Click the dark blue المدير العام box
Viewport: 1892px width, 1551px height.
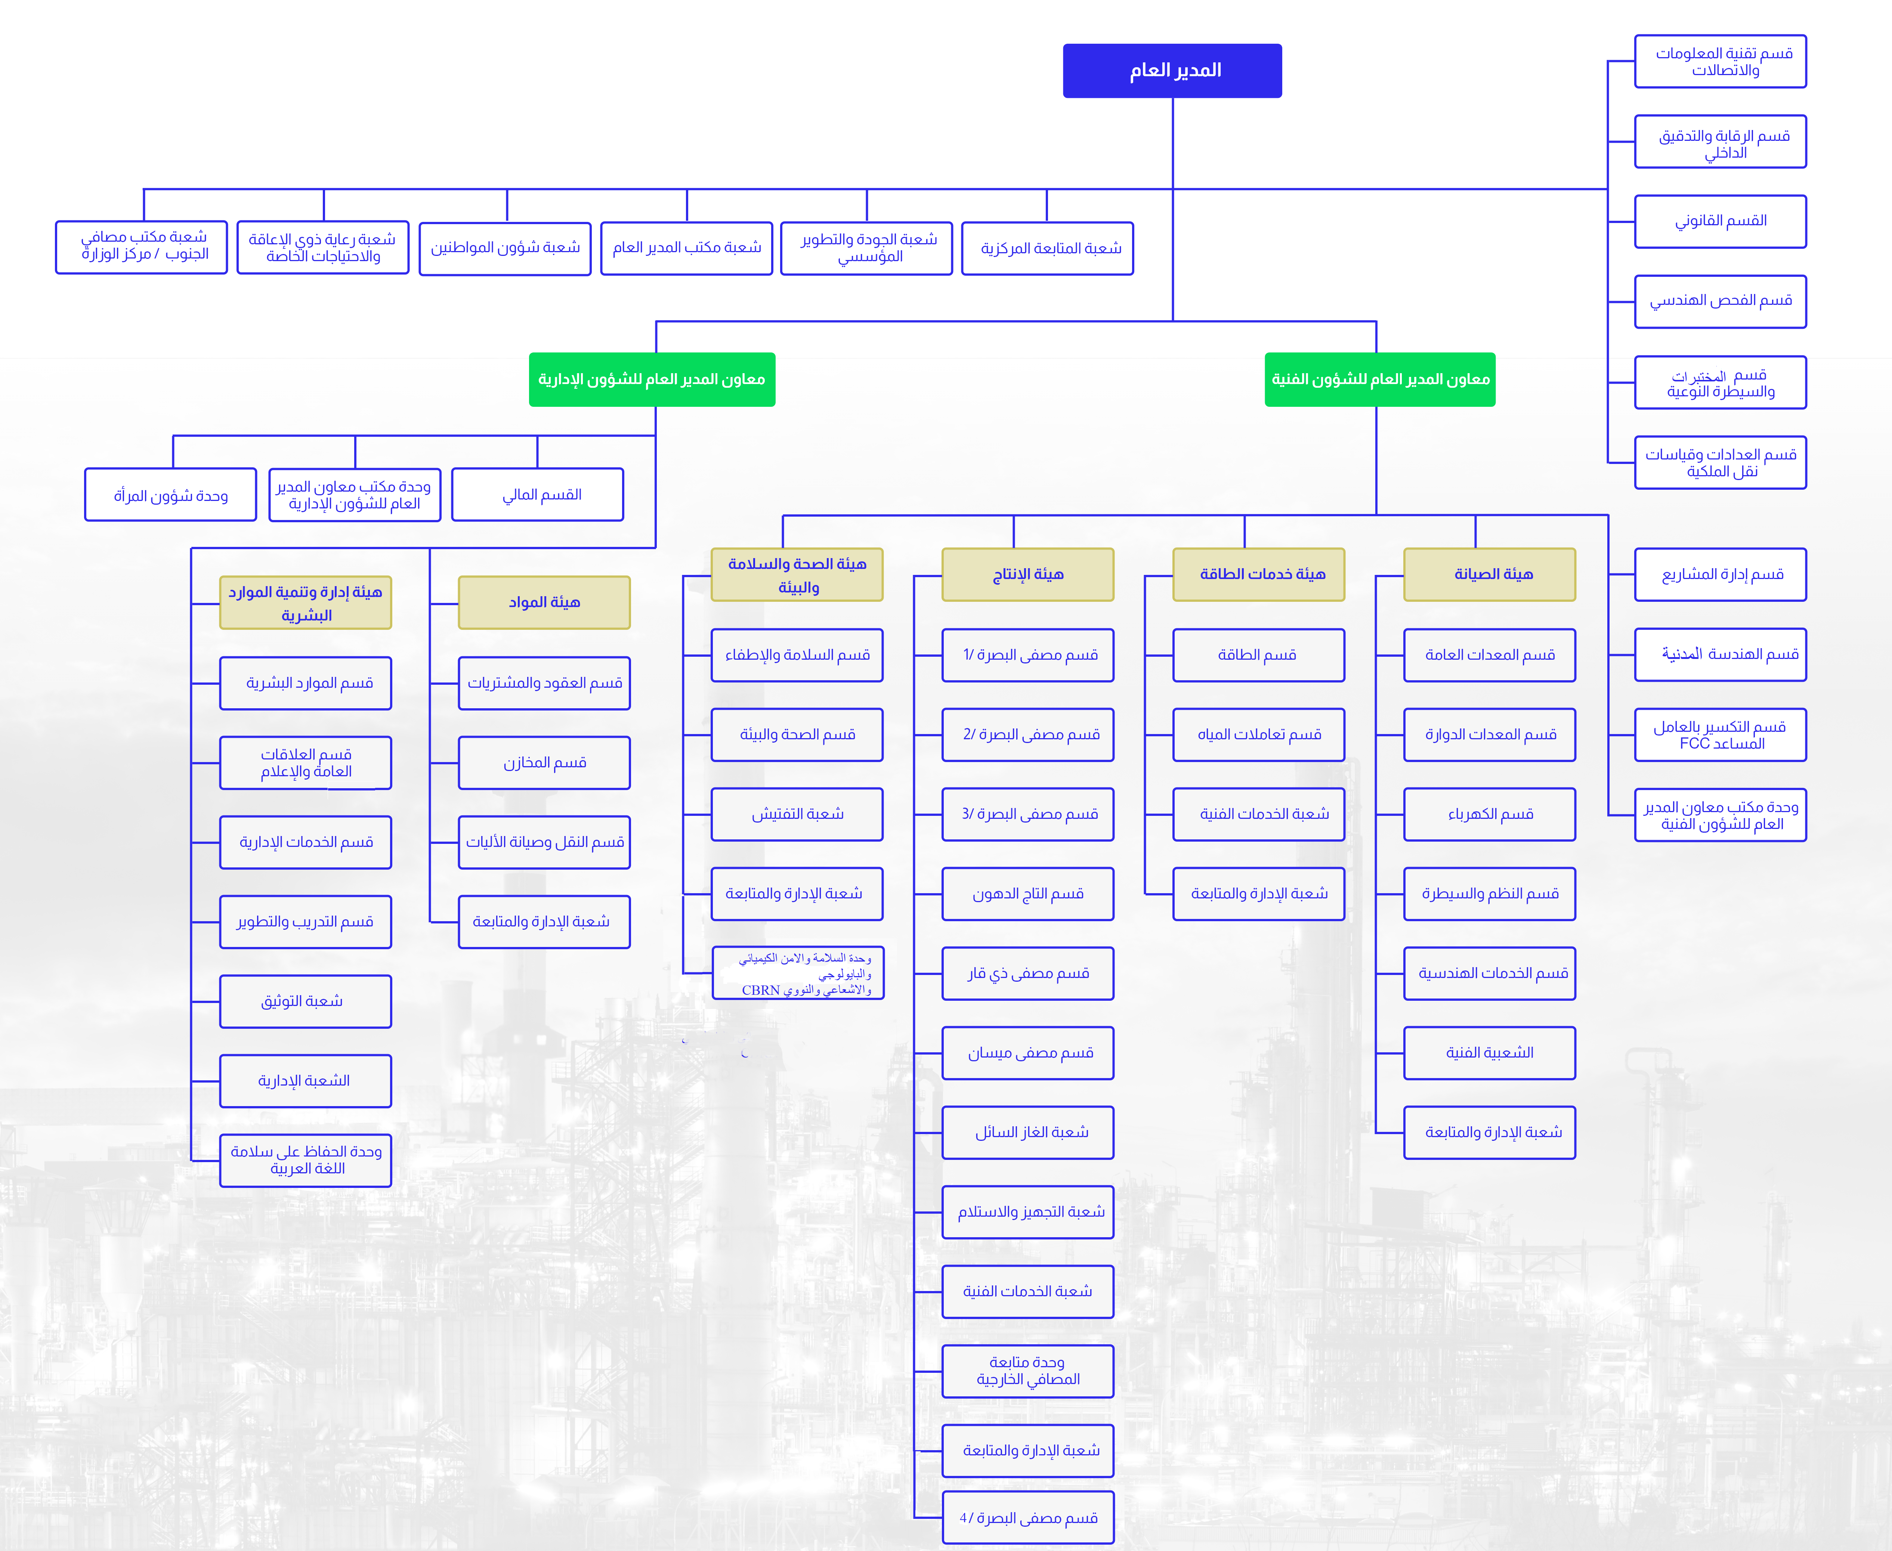(x=1172, y=71)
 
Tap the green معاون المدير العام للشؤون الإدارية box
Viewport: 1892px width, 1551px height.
(x=652, y=380)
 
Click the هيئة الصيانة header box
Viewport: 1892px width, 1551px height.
(x=1489, y=575)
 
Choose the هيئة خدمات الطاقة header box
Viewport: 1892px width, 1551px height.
(x=1258, y=575)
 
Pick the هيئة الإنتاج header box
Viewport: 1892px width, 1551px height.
(x=1028, y=575)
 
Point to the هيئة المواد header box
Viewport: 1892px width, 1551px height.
(x=544, y=602)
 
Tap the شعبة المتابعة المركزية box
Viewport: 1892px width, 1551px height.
(x=1047, y=248)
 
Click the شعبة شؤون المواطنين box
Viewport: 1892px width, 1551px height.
(x=505, y=248)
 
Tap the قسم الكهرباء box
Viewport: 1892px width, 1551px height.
(x=1489, y=814)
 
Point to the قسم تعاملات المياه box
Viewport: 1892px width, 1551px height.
(x=1258, y=734)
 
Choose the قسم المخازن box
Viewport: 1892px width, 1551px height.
(x=544, y=762)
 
